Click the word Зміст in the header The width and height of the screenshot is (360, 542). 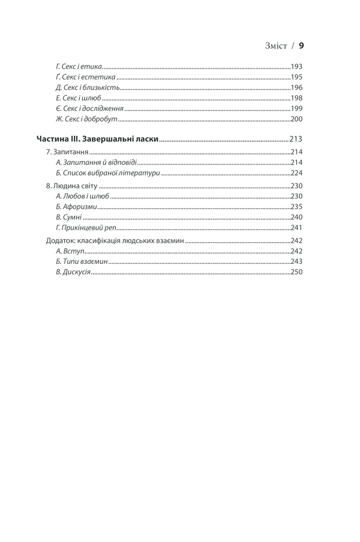[276, 46]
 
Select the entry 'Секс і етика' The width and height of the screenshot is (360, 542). [79, 66]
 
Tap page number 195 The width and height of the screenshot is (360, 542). [296, 77]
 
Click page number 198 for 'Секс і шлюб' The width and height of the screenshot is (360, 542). [296, 98]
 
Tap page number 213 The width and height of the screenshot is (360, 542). [296, 139]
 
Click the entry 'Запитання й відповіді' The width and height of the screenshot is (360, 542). [96, 162]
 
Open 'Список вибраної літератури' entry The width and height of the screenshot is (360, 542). [107, 173]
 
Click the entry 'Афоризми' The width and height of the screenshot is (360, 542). [76, 206]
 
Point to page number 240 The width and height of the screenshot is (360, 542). [296, 217]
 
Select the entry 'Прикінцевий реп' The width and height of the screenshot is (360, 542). [87, 228]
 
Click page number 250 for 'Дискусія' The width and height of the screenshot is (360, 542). [296, 272]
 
